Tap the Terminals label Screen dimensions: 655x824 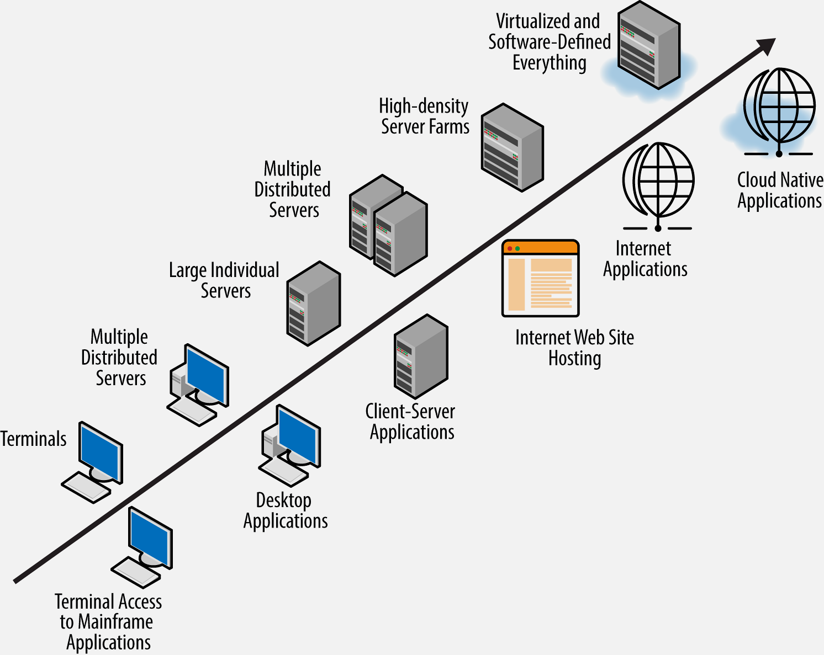34,439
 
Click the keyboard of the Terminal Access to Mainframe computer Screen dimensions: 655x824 135,572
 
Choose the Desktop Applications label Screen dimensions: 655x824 285,510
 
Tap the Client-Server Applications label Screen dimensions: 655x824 411,422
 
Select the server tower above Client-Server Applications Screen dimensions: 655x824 421,356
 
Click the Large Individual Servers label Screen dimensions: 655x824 224,280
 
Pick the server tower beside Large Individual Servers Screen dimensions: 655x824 313,303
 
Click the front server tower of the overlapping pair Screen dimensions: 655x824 400,234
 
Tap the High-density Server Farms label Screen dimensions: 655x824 424,116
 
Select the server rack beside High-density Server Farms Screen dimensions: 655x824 512,147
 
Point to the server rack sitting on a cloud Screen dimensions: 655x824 648,45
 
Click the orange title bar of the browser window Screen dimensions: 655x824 540,248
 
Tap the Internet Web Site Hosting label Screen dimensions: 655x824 574,348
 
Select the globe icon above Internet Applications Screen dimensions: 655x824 658,181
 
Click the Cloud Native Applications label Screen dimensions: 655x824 779,190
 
